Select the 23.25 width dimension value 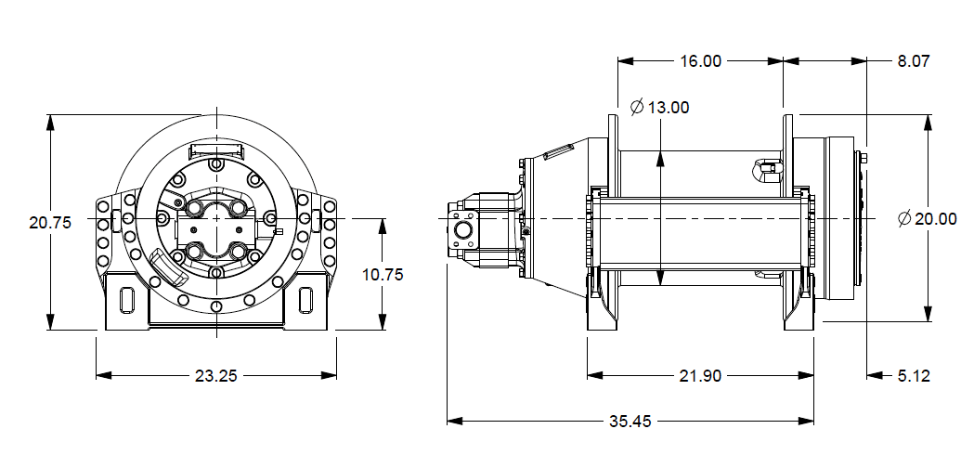(x=215, y=376)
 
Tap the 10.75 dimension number (x=382, y=275)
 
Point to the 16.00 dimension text (x=700, y=61)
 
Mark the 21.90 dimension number (x=700, y=376)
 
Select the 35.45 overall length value (x=630, y=422)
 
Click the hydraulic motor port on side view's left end (x=461, y=229)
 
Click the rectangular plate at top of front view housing (x=215, y=149)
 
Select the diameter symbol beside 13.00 (x=637, y=108)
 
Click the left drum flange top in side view (x=612, y=125)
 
